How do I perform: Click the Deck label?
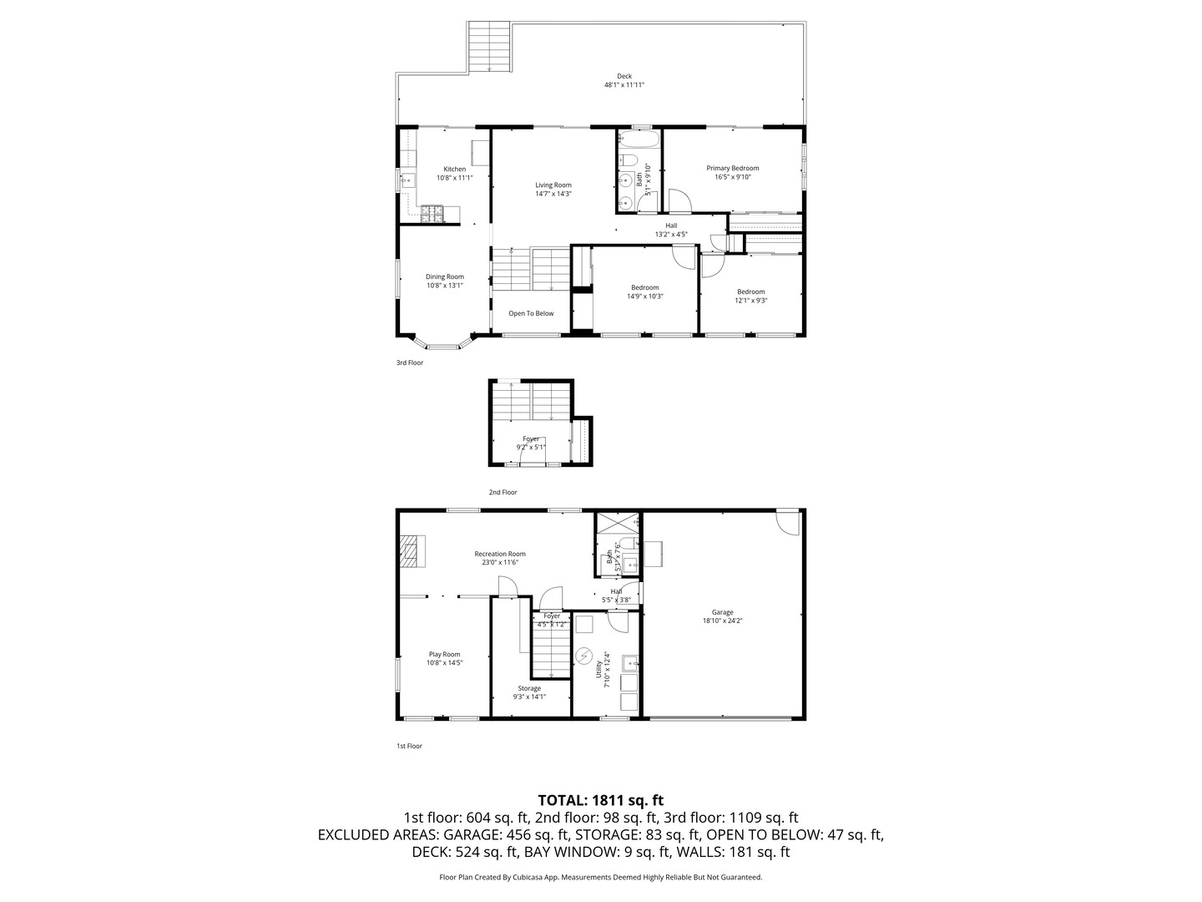pos(624,76)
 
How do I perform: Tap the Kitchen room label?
pos(455,170)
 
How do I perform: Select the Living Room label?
pos(553,185)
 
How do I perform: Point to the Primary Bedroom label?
pos(732,169)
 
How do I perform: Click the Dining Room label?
pos(445,277)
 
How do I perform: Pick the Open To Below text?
pos(531,314)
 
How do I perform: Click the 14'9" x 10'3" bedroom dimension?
pos(644,296)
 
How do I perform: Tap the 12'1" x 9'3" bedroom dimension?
pos(750,301)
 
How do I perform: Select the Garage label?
pos(722,612)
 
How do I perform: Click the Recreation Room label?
pos(500,554)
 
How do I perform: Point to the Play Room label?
pos(445,655)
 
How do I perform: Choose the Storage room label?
pos(529,688)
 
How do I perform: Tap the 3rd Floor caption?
pos(410,362)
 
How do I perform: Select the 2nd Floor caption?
pos(503,493)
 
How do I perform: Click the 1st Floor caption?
pos(409,746)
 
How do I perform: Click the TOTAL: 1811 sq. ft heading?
pos(600,800)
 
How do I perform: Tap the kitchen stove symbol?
pos(432,215)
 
